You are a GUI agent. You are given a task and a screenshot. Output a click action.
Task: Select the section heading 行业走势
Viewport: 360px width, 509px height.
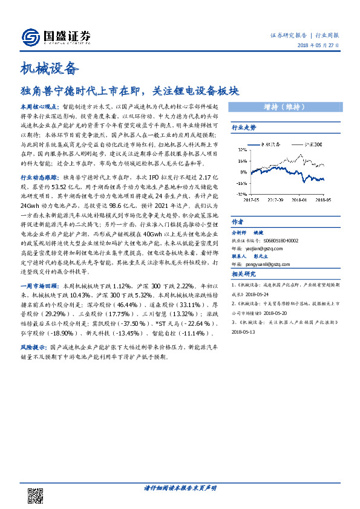pyautogui.click(x=244, y=128)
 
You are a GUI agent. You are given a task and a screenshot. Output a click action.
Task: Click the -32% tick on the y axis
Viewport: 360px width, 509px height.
pyautogui.click(x=240, y=195)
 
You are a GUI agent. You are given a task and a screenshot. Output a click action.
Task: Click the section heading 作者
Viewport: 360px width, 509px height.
pyautogui.click(x=238, y=221)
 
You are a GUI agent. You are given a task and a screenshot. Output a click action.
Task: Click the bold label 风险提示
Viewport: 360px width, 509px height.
pyautogui.click(x=34, y=349)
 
